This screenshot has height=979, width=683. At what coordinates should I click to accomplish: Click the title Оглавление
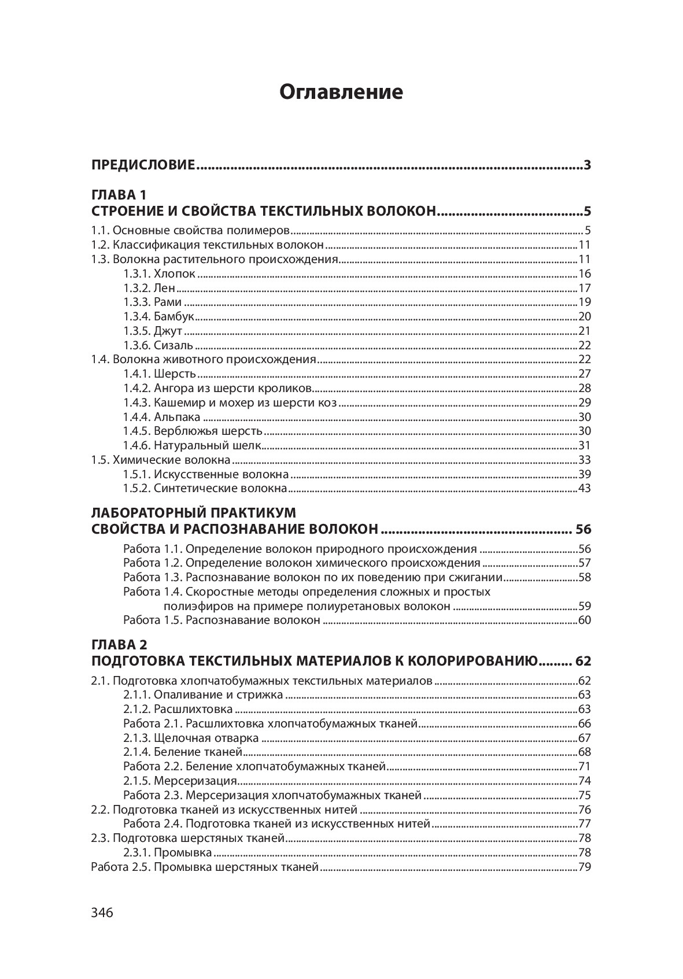click(341, 92)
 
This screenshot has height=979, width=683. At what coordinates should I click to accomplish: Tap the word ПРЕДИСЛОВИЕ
click(143, 165)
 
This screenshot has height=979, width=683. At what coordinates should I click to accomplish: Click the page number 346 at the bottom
click(102, 912)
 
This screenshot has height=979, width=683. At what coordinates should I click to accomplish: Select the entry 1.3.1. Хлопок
click(160, 274)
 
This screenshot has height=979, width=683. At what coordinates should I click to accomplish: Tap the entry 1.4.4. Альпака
click(162, 417)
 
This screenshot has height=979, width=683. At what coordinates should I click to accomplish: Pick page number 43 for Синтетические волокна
click(584, 489)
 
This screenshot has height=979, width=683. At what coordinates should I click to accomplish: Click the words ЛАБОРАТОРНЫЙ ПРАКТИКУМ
click(194, 513)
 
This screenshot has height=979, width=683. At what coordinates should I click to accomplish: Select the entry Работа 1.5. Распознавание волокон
click(221, 620)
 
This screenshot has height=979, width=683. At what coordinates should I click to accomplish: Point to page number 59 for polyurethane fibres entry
click(584, 607)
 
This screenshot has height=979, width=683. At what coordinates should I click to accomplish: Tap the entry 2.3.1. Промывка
click(168, 853)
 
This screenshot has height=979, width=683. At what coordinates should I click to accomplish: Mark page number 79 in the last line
click(584, 867)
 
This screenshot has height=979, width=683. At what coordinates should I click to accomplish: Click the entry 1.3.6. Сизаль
click(158, 346)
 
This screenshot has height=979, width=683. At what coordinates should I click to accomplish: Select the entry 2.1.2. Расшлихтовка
click(178, 709)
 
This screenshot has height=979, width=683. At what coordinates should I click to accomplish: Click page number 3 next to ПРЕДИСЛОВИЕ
click(587, 165)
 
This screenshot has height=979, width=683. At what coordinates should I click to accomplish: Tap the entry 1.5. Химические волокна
click(161, 460)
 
